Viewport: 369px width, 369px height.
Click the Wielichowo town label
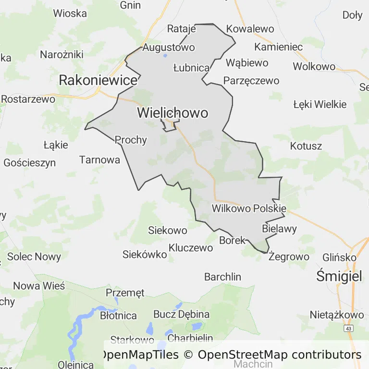172,113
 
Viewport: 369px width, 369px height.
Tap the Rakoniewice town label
98,80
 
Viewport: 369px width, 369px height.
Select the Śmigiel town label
339,276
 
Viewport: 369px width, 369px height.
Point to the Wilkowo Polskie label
249,209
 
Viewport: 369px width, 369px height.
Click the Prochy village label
131,140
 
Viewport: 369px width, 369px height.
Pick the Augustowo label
169,48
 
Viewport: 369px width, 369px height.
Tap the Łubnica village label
191,68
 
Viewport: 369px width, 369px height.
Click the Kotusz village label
306,146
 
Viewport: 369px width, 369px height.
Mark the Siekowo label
167,230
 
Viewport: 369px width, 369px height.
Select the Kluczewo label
191,248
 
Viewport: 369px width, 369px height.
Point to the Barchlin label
222,277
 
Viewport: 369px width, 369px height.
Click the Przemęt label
125,293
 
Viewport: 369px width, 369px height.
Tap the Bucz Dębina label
181,314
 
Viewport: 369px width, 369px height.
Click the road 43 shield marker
348,328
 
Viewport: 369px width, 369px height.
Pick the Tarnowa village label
99,160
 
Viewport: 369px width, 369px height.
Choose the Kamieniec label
279,47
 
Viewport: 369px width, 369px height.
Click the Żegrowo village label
289,257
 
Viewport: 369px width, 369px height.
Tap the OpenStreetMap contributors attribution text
280,355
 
